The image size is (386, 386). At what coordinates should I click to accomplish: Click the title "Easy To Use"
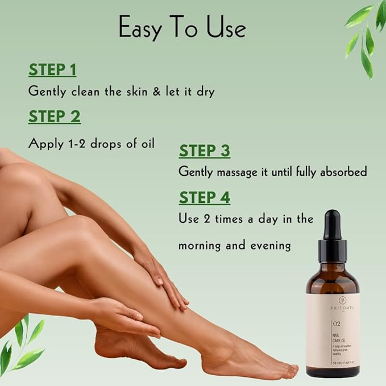182,27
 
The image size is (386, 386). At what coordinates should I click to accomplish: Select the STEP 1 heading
52,70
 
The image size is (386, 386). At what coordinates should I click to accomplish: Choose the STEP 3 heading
205,151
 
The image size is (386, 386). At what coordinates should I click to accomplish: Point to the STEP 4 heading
205,197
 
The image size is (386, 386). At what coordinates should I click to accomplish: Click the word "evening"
272,246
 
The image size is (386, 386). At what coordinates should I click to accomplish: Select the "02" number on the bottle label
321,324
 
